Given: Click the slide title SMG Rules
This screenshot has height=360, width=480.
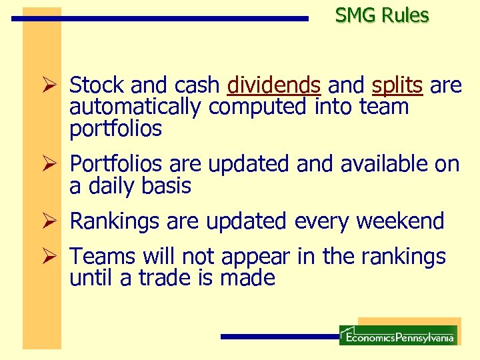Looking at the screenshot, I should pyautogui.click(x=382, y=15).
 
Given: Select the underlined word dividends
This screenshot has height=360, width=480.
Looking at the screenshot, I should pyautogui.click(x=273, y=85).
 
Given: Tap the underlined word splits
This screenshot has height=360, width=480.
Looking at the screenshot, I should pyautogui.click(x=397, y=85).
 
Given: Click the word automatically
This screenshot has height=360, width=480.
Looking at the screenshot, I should pyautogui.click(x=136, y=107).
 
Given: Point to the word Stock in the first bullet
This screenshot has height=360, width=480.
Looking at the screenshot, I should pyautogui.click(x=97, y=85).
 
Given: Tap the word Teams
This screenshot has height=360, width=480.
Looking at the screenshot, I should pyautogui.click(x=103, y=256).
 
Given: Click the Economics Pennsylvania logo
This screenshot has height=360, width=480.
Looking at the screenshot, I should pyautogui.click(x=398, y=335).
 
